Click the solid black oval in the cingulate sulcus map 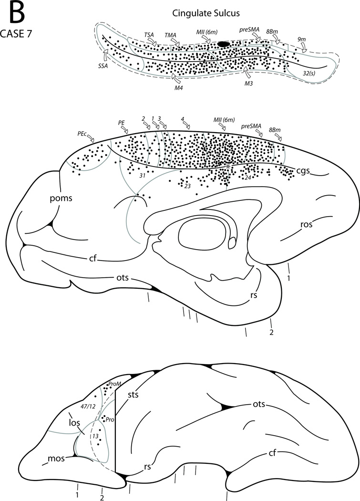(223, 44)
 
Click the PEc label (82, 134)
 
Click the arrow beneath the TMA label (175, 43)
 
